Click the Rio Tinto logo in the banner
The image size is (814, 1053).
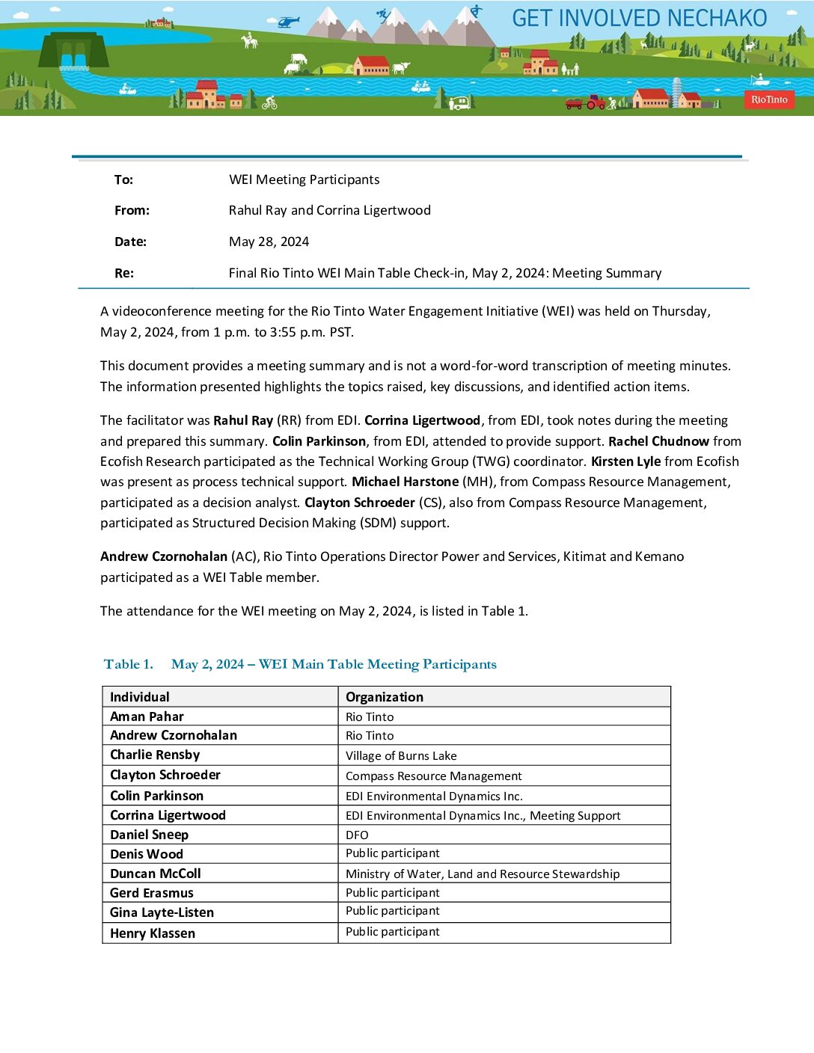(769, 99)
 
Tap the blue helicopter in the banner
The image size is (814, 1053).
(288, 22)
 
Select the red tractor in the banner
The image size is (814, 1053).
(596, 102)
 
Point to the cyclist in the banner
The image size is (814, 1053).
(269, 102)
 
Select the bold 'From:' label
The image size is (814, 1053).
(132, 211)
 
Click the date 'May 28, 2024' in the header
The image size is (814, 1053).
(269, 242)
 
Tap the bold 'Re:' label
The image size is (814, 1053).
(124, 273)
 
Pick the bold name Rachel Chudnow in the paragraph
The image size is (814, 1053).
(658, 441)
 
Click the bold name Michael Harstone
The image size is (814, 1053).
(405, 482)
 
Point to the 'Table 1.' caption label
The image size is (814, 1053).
(128, 664)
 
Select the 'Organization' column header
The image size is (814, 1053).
(384, 697)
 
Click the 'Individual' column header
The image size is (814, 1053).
(140, 697)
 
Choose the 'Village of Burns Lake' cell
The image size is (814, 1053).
(401, 756)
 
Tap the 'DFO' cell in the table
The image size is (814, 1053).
(357, 835)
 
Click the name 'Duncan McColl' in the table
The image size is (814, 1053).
(156, 874)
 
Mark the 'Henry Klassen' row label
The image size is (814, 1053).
(153, 933)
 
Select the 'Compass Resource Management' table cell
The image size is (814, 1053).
(433, 776)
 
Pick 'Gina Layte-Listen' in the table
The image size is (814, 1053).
(162, 912)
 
